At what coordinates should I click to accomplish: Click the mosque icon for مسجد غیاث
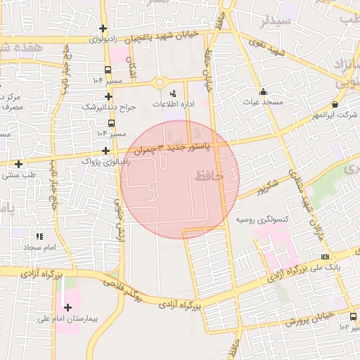[x=263, y=91]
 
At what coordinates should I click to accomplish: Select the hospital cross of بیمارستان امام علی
[x=67, y=307]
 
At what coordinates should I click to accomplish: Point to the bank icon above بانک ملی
[x=324, y=257]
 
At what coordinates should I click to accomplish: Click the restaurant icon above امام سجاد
[x=39, y=236]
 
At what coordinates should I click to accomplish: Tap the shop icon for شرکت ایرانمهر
[x=334, y=104]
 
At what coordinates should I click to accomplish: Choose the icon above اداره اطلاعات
[x=174, y=94]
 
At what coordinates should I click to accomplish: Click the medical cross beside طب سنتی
[x=18, y=164]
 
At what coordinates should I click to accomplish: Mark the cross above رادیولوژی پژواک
[x=105, y=150]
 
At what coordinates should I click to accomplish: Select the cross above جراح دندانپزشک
[x=108, y=96]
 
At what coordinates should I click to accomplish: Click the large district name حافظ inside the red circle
[x=209, y=176]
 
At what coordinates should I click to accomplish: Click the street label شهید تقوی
[x=270, y=53]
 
